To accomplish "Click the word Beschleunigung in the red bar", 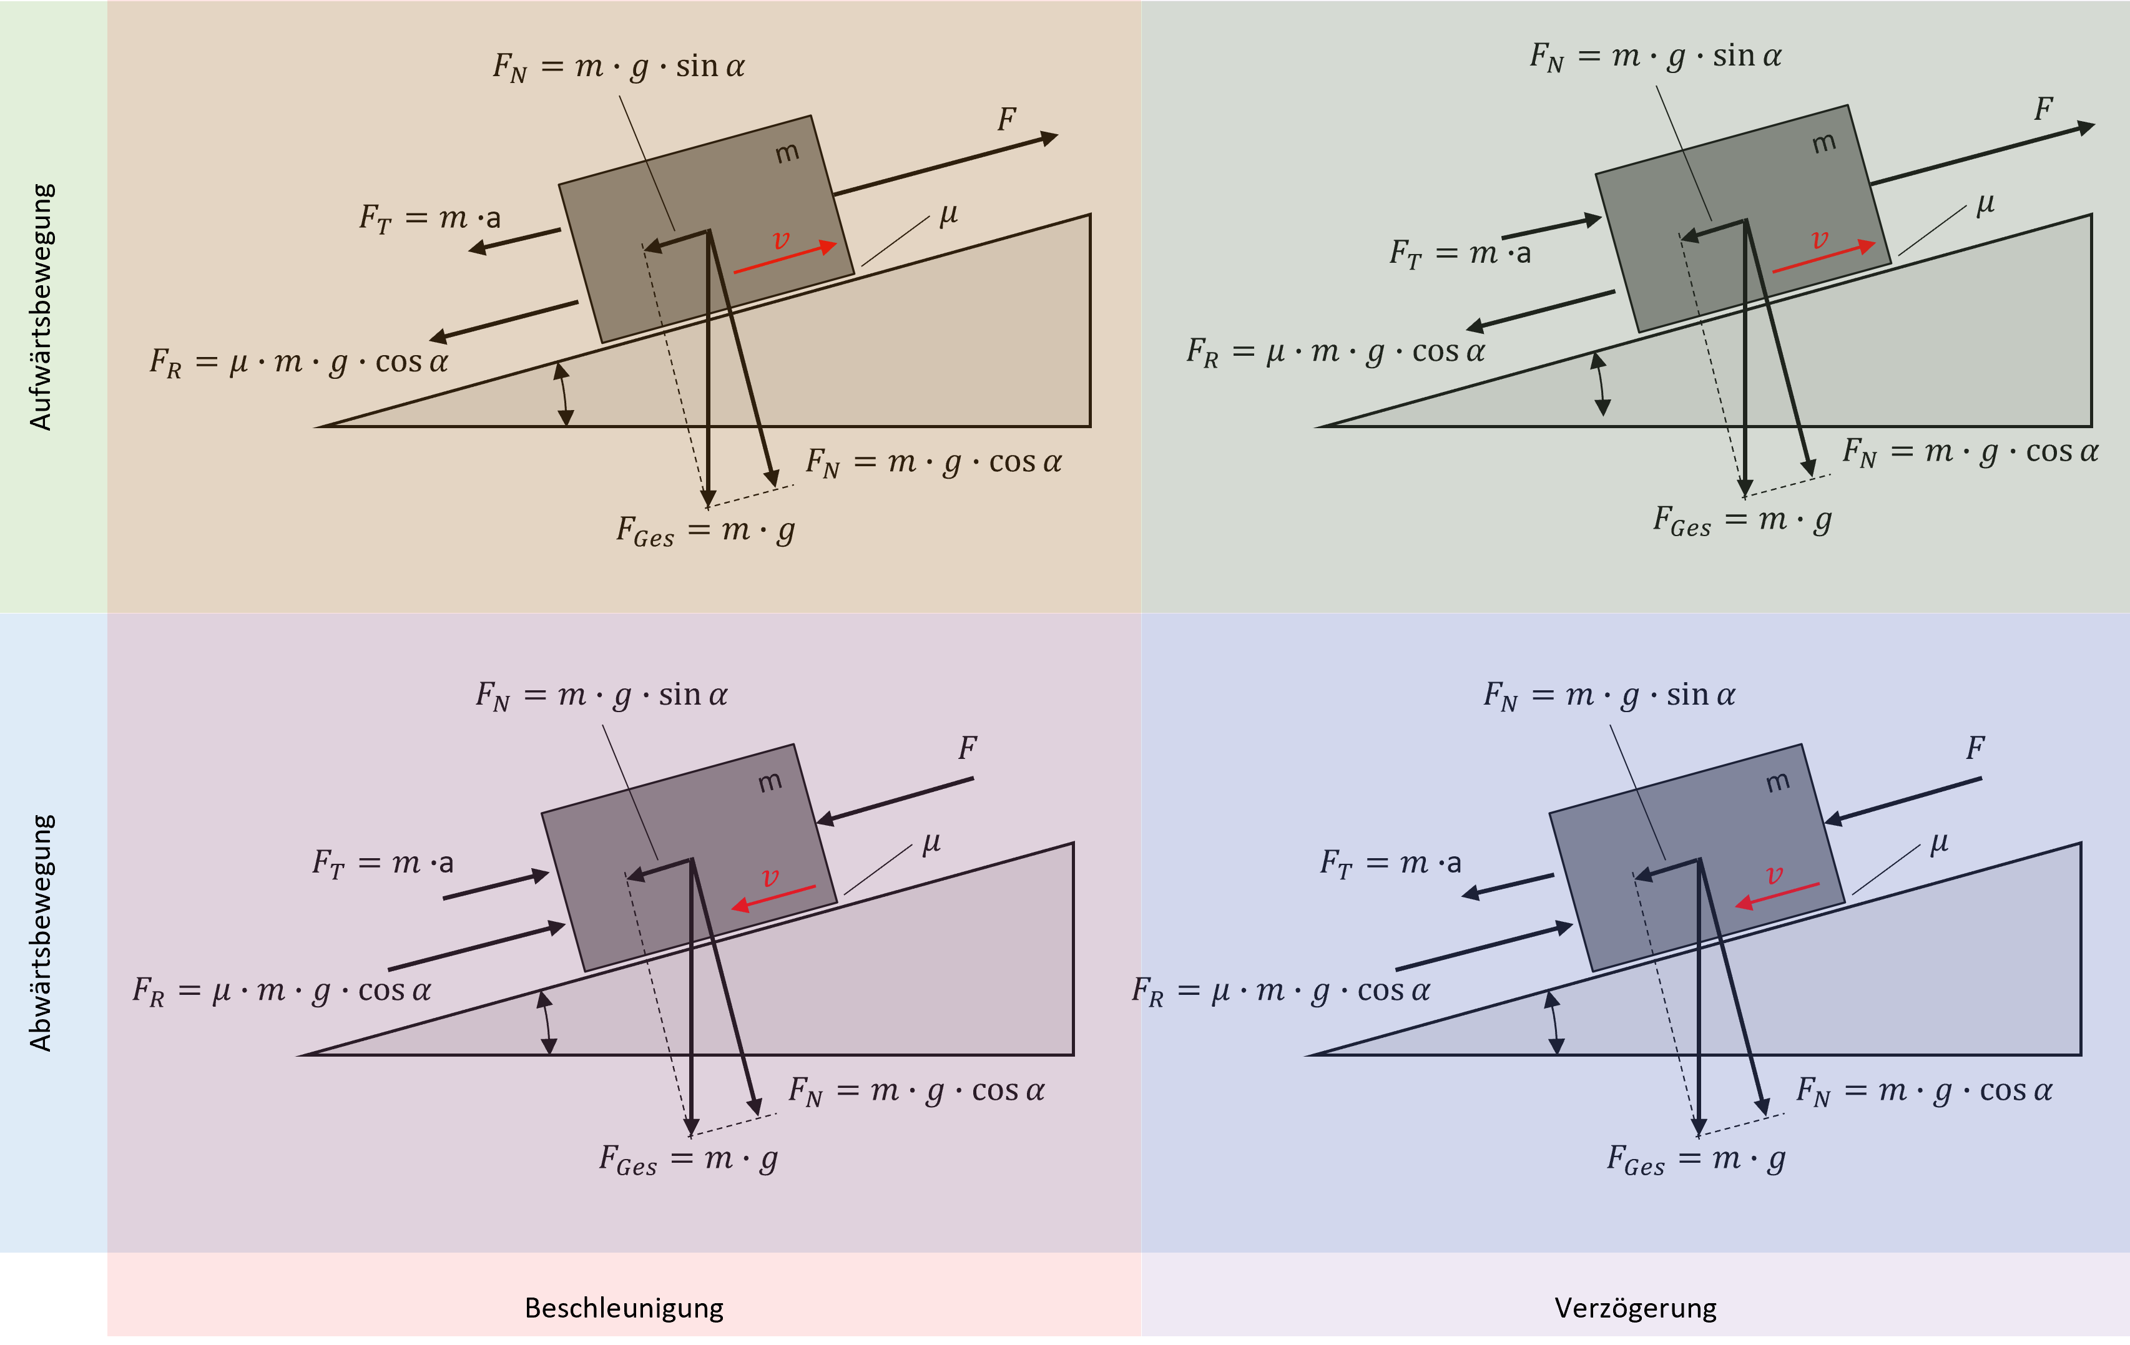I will [x=624, y=1307].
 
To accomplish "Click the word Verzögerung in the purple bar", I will [x=1635, y=1307].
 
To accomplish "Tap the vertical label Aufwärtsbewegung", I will [x=41, y=307].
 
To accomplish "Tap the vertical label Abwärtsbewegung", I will [x=41, y=933].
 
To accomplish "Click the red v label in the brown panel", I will [x=780, y=240].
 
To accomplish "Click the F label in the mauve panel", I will [x=967, y=748].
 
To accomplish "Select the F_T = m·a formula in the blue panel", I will [x=1390, y=862].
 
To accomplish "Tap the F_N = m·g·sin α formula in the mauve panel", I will [x=602, y=695].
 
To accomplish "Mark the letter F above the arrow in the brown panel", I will [x=1006, y=119].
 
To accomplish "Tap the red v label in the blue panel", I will [x=1774, y=876].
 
